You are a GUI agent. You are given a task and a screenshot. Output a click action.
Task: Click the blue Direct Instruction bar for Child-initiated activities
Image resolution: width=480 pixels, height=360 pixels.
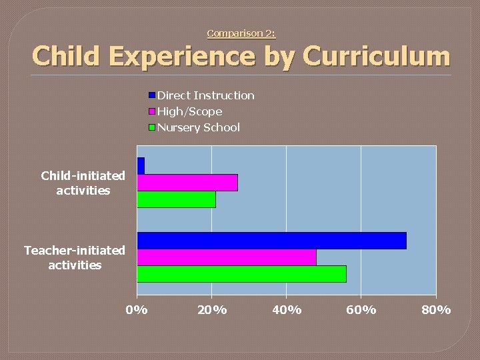(x=141, y=166)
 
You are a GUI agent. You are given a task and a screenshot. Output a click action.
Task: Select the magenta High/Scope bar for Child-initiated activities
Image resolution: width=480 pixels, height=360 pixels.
(x=187, y=183)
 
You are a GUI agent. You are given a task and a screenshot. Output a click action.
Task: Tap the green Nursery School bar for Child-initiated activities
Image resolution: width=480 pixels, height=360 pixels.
(x=176, y=199)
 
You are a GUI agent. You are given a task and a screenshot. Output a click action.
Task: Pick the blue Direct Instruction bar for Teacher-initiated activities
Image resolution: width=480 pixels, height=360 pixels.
(x=271, y=241)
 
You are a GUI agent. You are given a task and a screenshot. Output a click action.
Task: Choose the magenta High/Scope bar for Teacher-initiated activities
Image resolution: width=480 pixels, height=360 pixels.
(x=227, y=257)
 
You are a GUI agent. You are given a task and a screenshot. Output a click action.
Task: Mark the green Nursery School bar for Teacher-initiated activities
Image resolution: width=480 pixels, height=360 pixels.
(x=241, y=274)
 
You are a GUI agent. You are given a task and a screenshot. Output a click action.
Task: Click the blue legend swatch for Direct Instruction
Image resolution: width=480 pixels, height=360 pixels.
(x=153, y=95)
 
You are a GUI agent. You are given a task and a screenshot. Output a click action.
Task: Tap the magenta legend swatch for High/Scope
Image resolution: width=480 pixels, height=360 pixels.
(x=153, y=111)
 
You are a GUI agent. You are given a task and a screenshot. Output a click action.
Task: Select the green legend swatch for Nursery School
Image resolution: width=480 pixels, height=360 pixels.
(x=153, y=127)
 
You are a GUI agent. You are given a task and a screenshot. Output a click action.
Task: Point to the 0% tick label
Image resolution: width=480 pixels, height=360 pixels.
(x=137, y=309)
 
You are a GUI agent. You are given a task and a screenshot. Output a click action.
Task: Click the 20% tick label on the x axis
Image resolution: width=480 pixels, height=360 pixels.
(x=212, y=309)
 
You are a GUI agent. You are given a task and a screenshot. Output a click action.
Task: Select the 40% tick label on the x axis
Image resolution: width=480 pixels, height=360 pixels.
(x=287, y=309)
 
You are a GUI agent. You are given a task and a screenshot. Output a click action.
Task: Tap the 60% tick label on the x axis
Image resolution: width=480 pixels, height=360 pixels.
(x=361, y=309)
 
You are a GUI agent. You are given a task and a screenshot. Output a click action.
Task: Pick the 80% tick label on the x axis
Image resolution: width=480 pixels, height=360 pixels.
(x=436, y=309)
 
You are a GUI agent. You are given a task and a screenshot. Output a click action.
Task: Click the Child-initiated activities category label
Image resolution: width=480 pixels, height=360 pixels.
(x=83, y=183)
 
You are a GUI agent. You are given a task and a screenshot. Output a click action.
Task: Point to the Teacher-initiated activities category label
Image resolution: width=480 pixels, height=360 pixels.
(x=75, y=257)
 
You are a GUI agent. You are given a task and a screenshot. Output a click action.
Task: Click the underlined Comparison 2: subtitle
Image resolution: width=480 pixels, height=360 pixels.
(x=241, y=33)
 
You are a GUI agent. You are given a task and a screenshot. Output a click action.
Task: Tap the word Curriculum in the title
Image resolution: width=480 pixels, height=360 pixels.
(x=377, y=57)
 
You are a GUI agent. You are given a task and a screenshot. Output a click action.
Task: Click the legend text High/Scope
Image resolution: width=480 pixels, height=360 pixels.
(x=190, y=111)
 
